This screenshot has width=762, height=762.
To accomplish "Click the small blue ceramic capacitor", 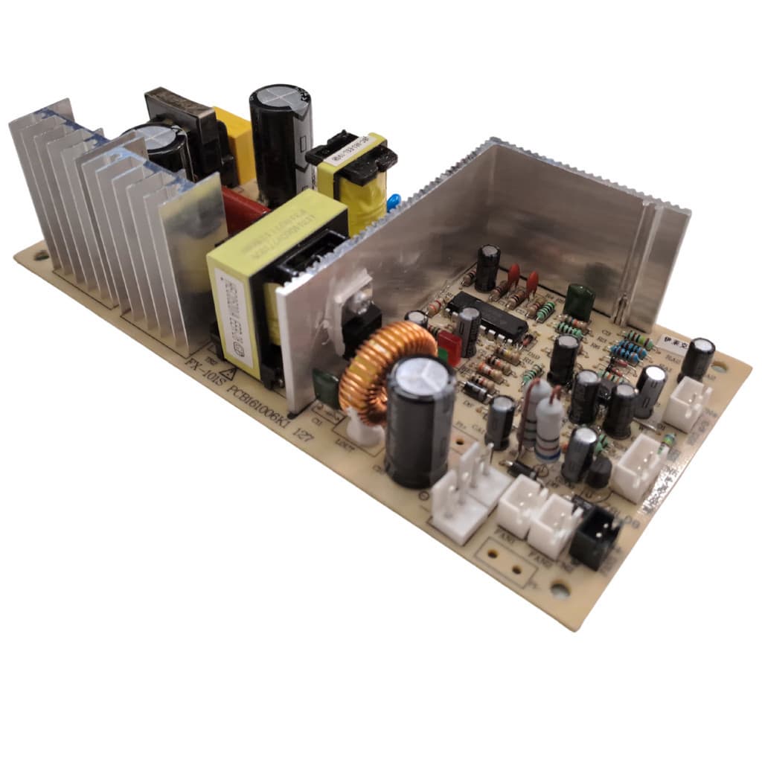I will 394,200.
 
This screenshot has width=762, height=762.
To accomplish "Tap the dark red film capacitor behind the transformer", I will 242,209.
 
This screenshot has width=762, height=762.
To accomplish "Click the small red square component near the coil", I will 449,347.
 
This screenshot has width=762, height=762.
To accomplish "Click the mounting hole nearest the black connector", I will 560,591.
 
